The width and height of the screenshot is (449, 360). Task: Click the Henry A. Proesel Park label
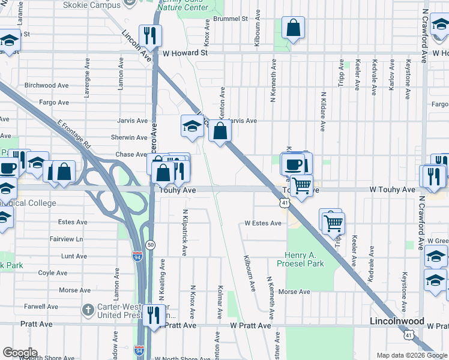click(301, 259)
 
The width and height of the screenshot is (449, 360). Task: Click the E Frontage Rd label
click(74, 135)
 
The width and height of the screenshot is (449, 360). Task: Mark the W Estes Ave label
click(263, 223)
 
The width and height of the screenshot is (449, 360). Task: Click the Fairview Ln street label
click(66, 239)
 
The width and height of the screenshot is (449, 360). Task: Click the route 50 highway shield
click(150, 244)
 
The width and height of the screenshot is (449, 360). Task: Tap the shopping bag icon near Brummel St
click(293, 28)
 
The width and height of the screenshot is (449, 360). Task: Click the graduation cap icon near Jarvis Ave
click(191, 126)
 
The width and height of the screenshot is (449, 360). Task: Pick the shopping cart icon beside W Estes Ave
click(334, 223)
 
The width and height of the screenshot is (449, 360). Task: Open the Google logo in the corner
click(20, 353)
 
